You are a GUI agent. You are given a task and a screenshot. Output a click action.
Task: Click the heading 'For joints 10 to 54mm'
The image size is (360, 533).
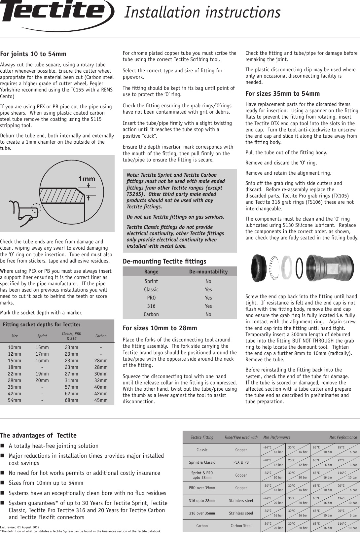click(x=33, y=54)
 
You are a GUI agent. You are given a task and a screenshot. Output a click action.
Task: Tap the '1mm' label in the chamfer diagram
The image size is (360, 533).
click(x=87, y=179)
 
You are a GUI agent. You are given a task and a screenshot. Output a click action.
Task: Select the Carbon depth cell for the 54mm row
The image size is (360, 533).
click(x=101, y=400)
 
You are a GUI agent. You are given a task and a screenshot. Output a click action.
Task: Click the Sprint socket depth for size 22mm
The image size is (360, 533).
click(x=42, y=374)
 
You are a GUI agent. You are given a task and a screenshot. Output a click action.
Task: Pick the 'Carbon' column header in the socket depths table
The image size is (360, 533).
click(x=101, y=336)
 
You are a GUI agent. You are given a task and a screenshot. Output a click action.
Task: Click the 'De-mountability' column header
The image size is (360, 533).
click(x=208, y=272)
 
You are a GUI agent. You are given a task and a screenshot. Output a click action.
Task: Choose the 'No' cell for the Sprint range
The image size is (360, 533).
click(x=208, y=281)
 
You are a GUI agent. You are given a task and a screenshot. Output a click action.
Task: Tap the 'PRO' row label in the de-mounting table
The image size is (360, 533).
click(x=151, y=298)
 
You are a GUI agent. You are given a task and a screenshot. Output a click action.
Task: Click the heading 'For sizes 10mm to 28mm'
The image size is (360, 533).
click(x=160, y=328)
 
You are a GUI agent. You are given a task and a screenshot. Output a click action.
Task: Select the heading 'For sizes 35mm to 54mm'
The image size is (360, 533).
click(x=282, y=94)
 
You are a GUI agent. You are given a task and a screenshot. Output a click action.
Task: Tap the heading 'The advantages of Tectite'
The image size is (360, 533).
click(x=38, y=436)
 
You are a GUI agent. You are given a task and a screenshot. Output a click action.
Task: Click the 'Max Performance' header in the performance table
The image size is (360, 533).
click(x=343, y=437)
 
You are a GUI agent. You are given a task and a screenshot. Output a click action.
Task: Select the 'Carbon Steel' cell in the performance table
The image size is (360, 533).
click(x=241, y=526)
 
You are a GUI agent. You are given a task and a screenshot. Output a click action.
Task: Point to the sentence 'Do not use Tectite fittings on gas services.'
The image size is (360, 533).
click(x=175, y=217)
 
